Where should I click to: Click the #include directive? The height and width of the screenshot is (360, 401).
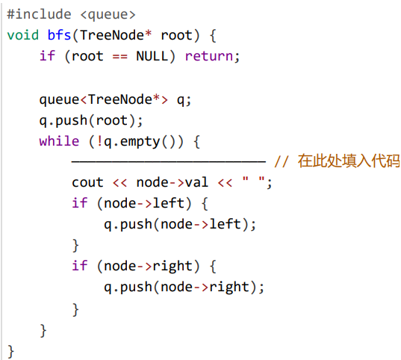(39, 14)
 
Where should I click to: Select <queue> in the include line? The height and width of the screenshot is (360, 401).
(108, 15)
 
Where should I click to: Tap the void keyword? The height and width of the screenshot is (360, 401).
(23, 35)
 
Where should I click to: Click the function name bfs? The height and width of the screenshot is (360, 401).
(59, 35)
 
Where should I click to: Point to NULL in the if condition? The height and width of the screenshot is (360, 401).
(152, 56)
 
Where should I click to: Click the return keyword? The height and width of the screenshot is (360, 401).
(209, 56)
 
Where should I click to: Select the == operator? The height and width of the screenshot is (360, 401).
(119, 57)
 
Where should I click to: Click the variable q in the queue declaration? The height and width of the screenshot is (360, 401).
(181, 100)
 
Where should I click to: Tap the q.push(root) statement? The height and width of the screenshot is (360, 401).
(91, 121)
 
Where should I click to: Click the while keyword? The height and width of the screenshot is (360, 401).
(59, 141)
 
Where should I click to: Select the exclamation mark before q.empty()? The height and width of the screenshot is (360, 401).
(100, 141)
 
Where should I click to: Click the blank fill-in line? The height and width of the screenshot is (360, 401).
(169, 162)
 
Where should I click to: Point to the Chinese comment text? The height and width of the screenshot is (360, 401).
(349, 161)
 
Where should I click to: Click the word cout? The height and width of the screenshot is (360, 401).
(87, 183)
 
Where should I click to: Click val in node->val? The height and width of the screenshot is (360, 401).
(196, 183)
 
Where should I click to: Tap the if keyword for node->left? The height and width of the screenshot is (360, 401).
(80, 203)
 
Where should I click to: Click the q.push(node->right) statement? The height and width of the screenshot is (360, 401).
(184, 287)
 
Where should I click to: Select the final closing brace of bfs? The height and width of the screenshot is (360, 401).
(10, 352)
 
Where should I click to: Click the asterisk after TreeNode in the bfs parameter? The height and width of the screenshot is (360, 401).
(148, 34)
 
